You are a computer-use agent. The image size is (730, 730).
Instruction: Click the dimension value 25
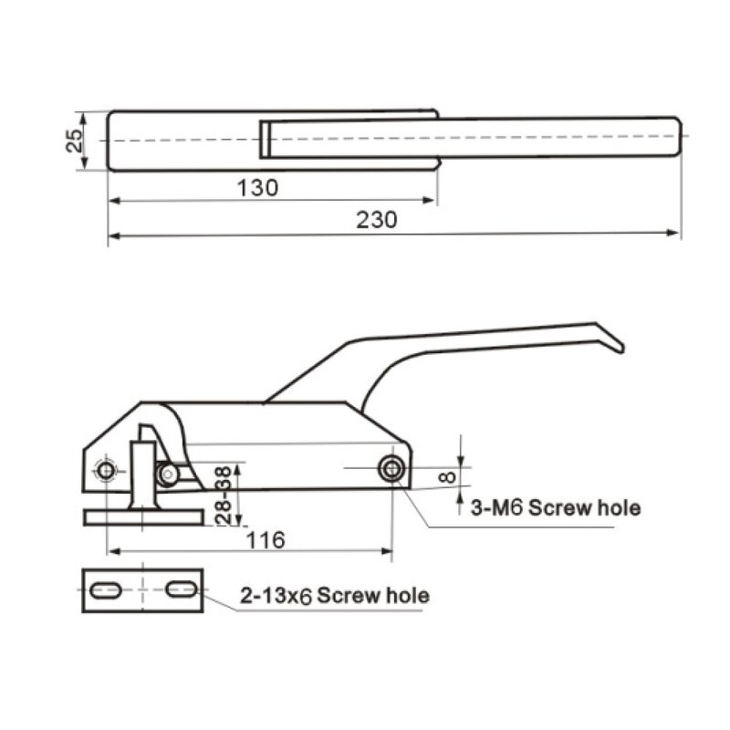click(x=76, y=140)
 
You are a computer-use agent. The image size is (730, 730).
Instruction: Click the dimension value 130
click(x=257, y=188)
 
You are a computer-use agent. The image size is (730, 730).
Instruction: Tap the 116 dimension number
click(x=266, y=540)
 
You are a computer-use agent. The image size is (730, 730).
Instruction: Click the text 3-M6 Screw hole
click(x=555, y=508)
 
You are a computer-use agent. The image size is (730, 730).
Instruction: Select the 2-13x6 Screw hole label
click(x=334, y=596)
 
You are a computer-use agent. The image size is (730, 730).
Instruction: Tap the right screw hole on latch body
click(x=392, y=469)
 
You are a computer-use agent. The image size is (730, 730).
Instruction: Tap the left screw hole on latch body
click(x=107, y=470)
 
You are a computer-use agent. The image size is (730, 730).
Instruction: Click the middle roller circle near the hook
click(x=167, y=473)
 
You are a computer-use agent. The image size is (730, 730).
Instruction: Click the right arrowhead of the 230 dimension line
click(x=676, y=234)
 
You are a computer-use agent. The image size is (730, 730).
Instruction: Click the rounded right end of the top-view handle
click(x=678, y=137)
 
